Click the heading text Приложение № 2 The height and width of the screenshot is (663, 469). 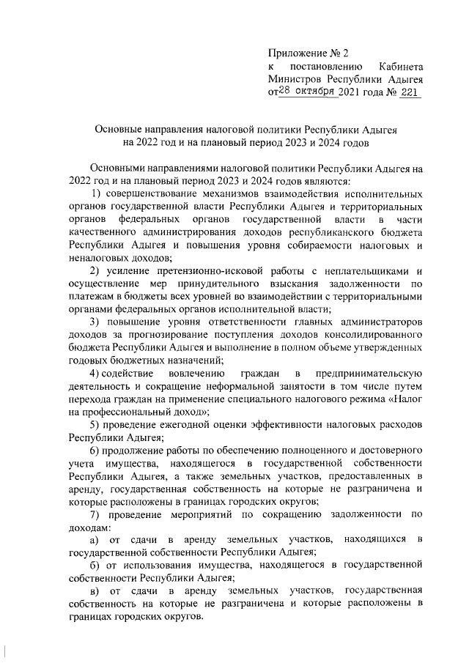click(x=309, y=53)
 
